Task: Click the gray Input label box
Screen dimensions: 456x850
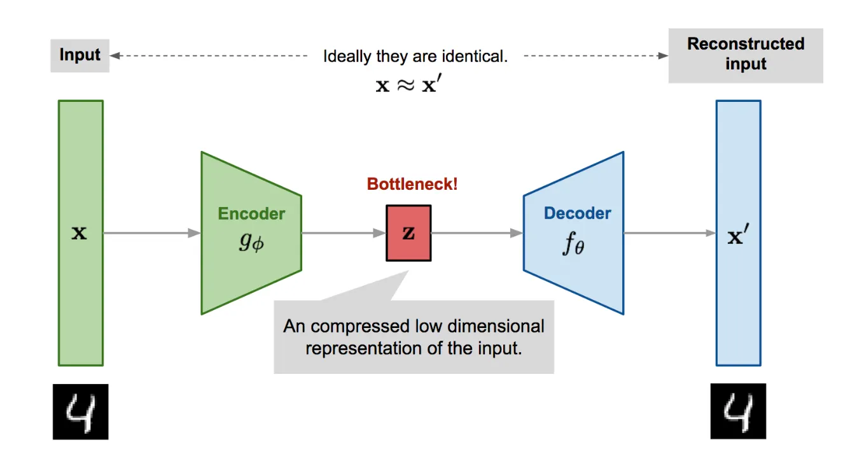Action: [x=80, y=55]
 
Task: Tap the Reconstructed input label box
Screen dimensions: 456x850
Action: [x=746, y=54]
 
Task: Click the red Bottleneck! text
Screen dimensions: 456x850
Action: [x=412, y=185]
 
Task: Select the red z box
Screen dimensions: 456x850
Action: [x=408, y=232]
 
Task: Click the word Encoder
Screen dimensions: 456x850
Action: [x=251, y=214]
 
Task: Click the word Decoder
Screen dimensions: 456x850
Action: [x=577, y=213]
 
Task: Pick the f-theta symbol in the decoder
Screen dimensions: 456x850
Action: [x=573, y=245]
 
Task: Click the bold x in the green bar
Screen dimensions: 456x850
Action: [x=80, y=233]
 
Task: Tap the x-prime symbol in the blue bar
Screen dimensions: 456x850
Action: [x=738, y=237]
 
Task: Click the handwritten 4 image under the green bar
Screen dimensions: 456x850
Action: [x=80, y=411]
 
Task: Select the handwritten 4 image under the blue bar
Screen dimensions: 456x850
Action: [x=738, y=411]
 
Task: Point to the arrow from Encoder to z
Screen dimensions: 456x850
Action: [x=344, y=233]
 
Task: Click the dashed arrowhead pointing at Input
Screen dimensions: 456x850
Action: [x=115, y=56]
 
